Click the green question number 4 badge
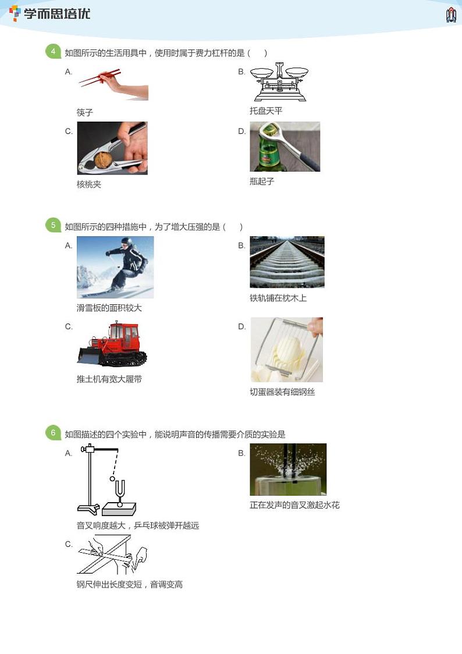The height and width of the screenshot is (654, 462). pyautogui.click(x=53, y=52)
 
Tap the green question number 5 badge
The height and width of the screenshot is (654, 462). pyautogui.click(x=53, y=226)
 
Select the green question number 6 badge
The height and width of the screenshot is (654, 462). pyautogui.click(x=53, y=433)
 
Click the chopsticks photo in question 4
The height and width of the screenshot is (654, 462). pyautogui.click(x=113, y=84)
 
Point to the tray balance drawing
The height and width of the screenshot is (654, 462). pyautogui.click(x=279, y=82)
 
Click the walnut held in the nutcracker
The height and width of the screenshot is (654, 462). pyautogui.click(x=104, y=160)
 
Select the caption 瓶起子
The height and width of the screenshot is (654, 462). pyautogui.click(x=262, y=181)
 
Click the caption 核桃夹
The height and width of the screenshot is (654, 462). pyautogui.click(x=89, y=184)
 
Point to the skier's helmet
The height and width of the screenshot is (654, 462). pyautogui.click(x=126, y=241)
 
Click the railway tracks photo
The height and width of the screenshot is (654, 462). pyautogui.click(x=287, y=262)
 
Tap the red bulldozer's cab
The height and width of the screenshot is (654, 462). pyautogui.click(x=124, y=335)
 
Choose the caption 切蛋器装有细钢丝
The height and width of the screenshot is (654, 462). pyautogui.click(x=282, y=392)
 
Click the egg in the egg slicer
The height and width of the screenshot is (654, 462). pyautogui.click(x=287, y=350)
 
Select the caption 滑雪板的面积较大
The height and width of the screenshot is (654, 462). pyautogui.click(x=109, y=308)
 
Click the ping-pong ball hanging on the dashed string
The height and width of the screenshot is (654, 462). pyautogui.click(x=112, y=479)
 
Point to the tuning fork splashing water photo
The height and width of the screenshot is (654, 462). pyautogui.click(x=288, y=469)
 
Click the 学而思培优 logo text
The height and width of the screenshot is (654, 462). pyautogui.click(x=56, y=14)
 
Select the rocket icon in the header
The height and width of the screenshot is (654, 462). pyautogui.click(x=451, y=15)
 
